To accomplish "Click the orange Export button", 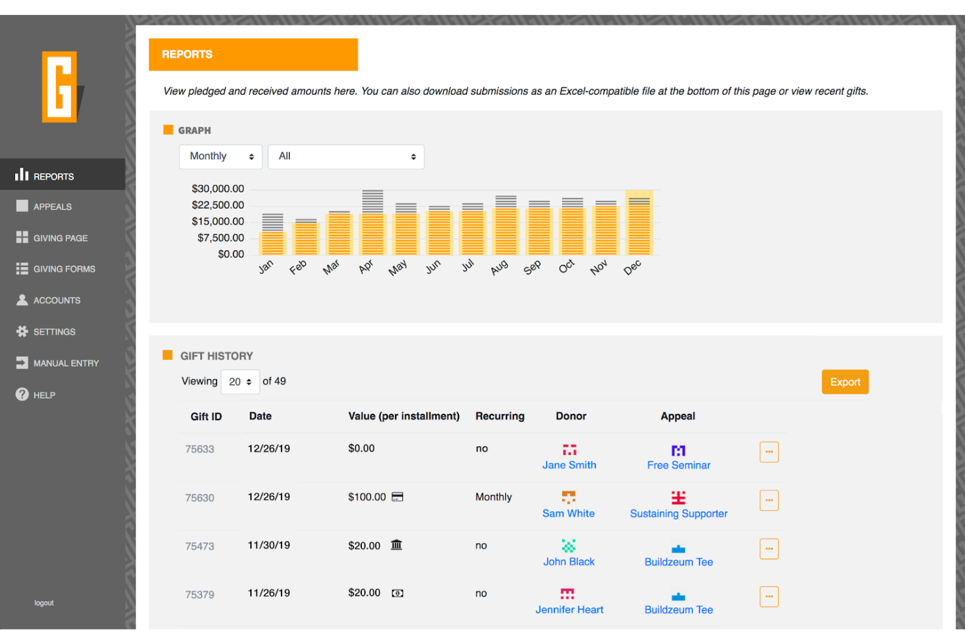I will (844, 382).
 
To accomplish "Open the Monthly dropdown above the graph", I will (220, 157).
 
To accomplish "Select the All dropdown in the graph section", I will (346, 157).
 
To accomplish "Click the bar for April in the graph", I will (372, 225).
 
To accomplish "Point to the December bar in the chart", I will (639, 225).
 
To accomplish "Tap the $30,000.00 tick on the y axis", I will (218, 189).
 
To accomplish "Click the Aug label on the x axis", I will (499, 268).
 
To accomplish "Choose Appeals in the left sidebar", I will (52, 207).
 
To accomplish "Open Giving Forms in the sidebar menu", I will (64, 269).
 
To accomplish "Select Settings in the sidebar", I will (54, 332).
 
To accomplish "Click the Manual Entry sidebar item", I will (66, 363).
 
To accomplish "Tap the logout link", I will (44, 603).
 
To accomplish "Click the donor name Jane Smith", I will (569, 465).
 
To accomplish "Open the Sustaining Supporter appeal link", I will (678, 514).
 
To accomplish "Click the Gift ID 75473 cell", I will (200, 546).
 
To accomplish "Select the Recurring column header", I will (499, 416).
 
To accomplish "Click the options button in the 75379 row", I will (769, 596).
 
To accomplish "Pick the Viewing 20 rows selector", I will (240, 382).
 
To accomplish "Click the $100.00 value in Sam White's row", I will (366, 497).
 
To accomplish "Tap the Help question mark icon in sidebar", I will (22, 395).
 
